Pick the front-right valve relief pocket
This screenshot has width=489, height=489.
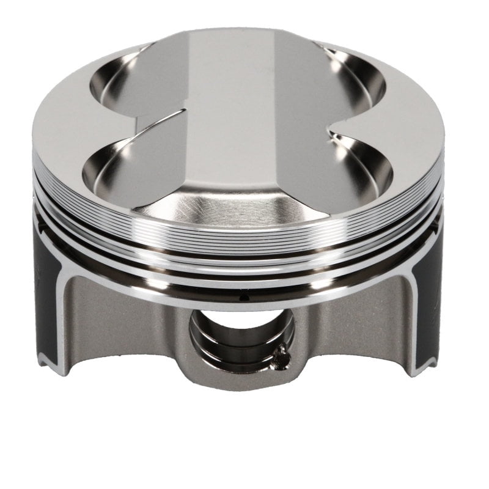click(361, 165)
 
